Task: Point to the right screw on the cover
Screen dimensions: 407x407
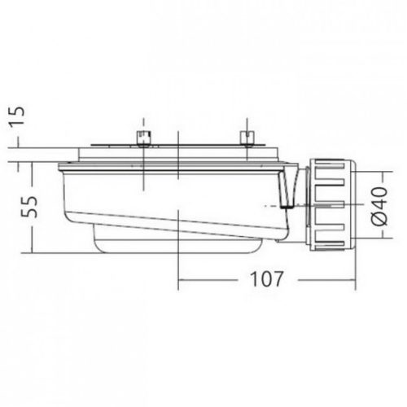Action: [243, 137]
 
